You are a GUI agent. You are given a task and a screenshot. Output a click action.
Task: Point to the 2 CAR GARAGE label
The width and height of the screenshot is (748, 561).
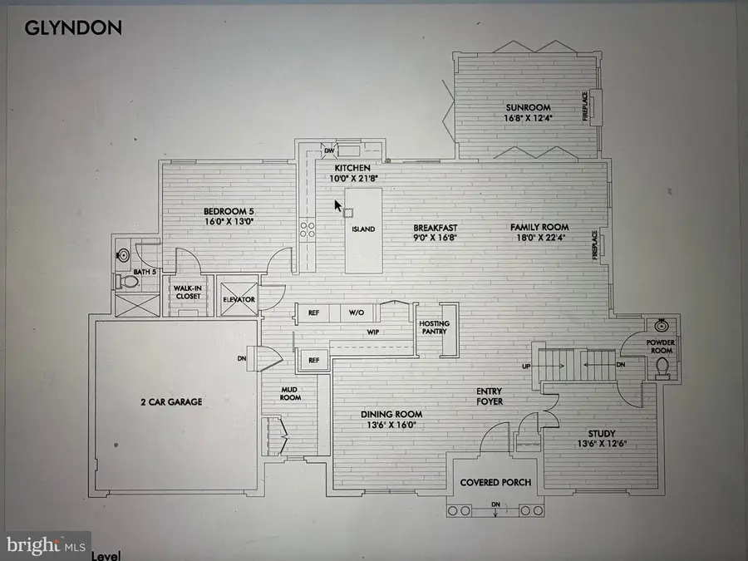tap(170, 401)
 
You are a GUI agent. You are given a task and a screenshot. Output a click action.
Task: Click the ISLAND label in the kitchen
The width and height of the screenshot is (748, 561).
tap(363, 229)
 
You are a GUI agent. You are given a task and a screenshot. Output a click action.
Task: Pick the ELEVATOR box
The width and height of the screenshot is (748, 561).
tap(239, 299)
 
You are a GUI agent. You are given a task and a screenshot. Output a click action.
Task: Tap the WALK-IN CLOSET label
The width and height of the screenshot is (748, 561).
tap(185, 292)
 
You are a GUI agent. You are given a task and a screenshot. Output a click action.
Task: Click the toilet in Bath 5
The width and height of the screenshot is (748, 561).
tap(129, 282)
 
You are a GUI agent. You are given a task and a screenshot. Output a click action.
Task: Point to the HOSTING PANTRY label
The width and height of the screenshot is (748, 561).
tap(434, 327)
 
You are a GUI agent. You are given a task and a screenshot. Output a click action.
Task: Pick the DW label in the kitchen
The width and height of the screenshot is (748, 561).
tap(329, 150)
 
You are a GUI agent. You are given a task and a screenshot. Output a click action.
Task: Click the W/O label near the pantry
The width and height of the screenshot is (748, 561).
tap(356, 313)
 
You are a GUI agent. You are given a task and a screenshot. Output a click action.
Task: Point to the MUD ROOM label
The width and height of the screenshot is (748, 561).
tap(288, 392)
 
